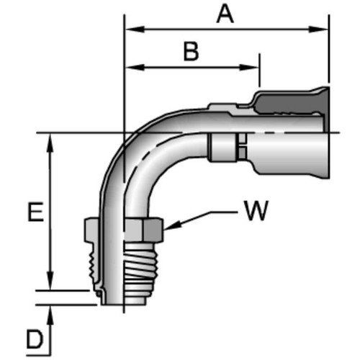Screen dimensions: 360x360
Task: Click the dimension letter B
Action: [x=191, y=52]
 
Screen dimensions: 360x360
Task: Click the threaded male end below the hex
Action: [x=137, y=270]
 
